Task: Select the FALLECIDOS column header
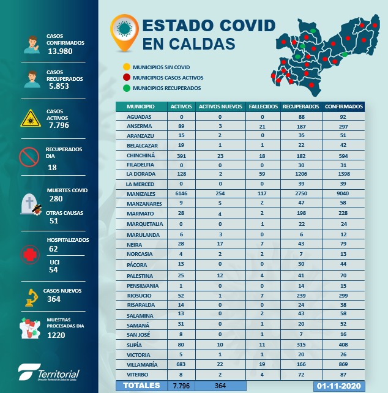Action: pyautogui.click(x=263, y=107)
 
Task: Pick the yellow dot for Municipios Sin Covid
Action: pyautogui.click(x=125, y=67)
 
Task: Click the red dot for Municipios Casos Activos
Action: pyautogui.click(x=125, y=78)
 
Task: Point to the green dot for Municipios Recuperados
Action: pyautogui.click(x=125, y=88)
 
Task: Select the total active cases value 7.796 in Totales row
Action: pyautogui.click(x=181, y=386)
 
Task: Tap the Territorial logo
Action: pyautogui.click(x=49, y=373)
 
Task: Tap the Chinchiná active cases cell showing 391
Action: pyautogui.click(x=181, y=155)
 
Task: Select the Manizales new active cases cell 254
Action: pyautogui.click(x=220, y=193)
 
